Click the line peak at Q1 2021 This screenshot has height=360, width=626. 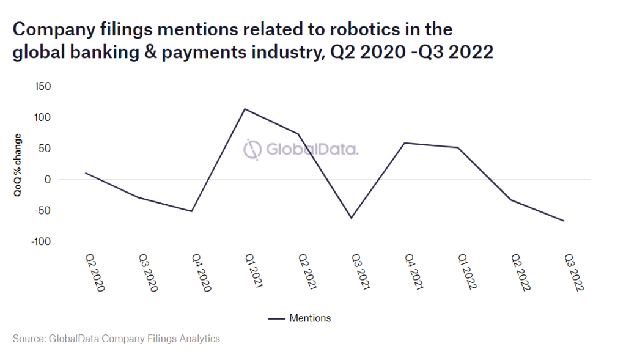[x=245, y=109]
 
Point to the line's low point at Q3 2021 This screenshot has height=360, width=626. [x=352, y=218]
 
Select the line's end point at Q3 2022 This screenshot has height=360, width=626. [x=564, y=221]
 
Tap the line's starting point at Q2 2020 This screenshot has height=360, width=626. [x=85, y=172]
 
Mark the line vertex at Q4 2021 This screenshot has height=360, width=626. [x=404, y=143]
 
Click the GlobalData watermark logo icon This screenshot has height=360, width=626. [x=252, y=149]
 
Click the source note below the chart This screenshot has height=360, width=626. [x=116, y=338]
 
